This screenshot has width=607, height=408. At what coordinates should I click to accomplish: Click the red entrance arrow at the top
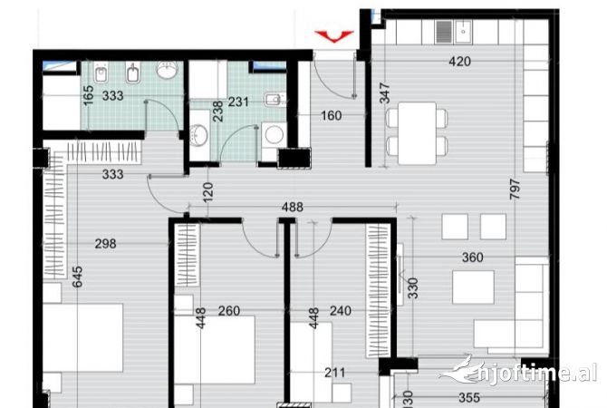pyautogui.click(x=334, y=35)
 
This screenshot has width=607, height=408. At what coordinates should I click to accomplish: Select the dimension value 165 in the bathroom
pyautogui.click(x=88, y=95)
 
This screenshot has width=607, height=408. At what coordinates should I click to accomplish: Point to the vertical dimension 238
pyautogui.click(x=217, y=112)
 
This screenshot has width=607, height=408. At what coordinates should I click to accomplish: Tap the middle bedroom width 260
pyautogui.click(x=229, y=312)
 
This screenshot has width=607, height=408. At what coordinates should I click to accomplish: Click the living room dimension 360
pyautogui.click(x=472, y=258)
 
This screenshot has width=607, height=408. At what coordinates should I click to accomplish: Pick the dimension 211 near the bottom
pyautogui.click(x=333, y=371)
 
